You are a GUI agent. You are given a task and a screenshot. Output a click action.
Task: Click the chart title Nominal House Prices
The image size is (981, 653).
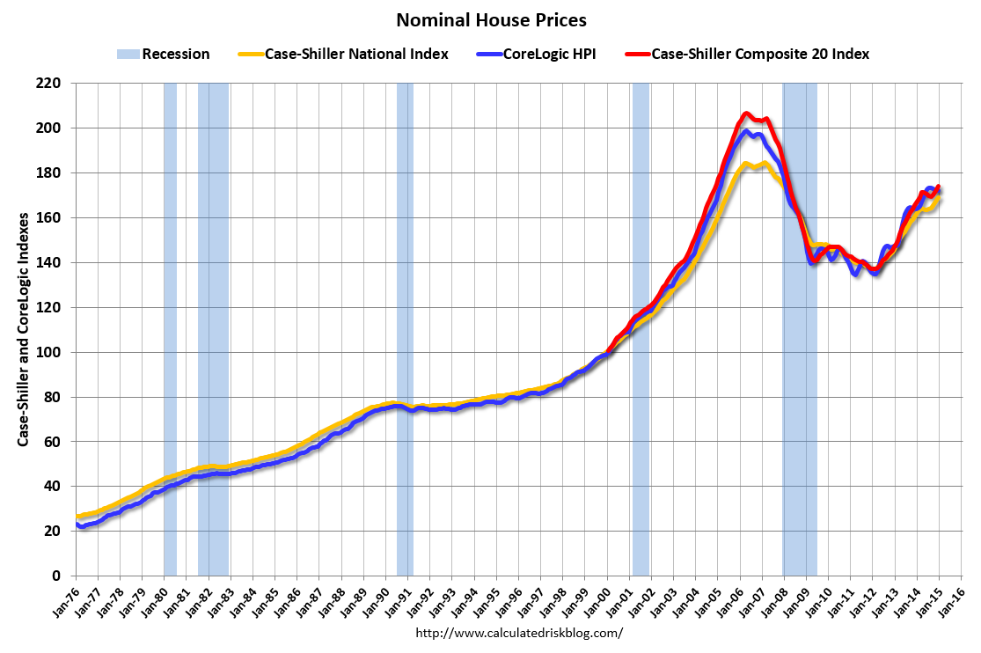pos(490,19)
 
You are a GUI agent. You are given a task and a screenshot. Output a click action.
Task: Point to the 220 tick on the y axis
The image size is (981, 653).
pos(55,84)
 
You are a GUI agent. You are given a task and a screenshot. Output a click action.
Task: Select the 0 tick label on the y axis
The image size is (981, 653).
pos(62,576)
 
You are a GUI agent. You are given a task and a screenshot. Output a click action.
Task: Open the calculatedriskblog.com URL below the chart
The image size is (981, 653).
pos(518,633)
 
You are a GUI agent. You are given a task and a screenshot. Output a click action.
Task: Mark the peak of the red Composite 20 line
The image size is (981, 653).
pos(746,113)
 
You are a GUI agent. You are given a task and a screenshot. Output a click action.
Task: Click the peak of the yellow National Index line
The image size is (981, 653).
pos(746,163)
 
